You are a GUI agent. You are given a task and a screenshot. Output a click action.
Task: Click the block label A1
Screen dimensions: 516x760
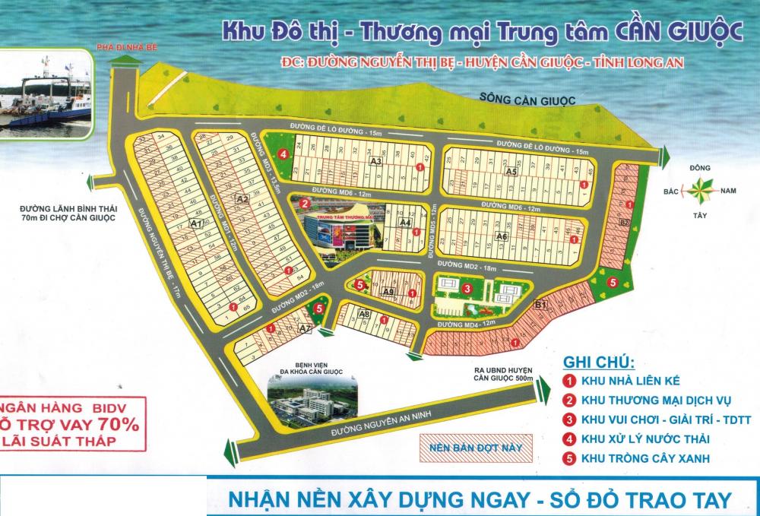tap(195, 223)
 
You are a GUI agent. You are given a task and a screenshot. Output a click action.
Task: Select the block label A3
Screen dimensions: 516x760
tap(375, 161)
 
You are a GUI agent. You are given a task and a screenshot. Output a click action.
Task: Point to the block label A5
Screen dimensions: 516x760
tap(511, 173)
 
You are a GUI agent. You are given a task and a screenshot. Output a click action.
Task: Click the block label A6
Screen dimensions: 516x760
tap(501, 236)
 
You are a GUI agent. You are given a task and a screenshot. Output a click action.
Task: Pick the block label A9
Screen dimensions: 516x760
tap(388, 292)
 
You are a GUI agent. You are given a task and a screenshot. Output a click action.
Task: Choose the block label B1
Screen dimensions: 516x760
tap(541, 305)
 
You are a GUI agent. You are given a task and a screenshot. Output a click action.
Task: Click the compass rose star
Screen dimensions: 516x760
tap(704, 188)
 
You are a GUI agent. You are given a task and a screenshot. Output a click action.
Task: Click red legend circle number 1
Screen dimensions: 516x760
tap(568, 381)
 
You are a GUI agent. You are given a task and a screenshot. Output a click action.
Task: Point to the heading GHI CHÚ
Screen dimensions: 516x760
tap(598, 361)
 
